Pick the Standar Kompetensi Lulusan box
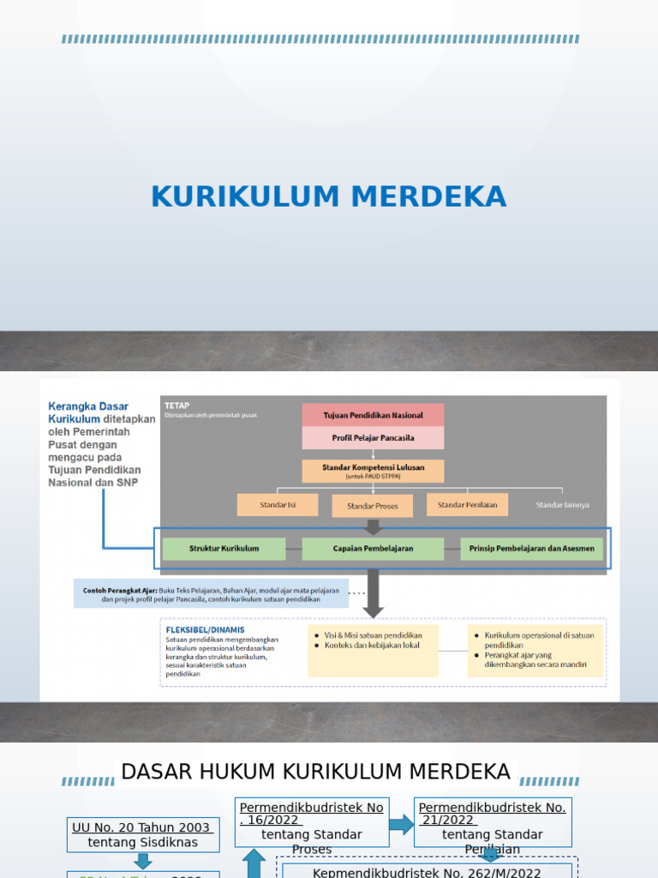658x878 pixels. point(373,471)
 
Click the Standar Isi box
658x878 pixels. point(278,505)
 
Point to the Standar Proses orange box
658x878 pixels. point(373,506)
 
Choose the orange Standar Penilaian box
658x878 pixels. point(467,505)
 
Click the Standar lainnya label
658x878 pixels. point(562,505)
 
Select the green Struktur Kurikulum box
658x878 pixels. point(224,549)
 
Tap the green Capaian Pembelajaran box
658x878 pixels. point(373,549)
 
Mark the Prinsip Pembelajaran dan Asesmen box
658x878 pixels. point(532,549)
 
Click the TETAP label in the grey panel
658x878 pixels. point(176,406)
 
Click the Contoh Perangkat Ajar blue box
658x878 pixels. point(211,594)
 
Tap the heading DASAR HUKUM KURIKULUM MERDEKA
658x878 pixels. point(316,772)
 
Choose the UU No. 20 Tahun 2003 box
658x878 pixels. point(142,834)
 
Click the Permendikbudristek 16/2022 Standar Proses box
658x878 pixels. point(312,827)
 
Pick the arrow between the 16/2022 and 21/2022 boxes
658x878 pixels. point(401,825)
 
